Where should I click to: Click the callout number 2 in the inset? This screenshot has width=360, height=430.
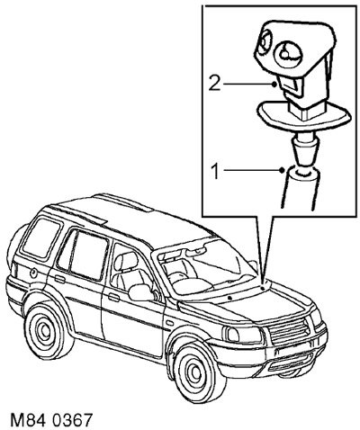tap(215, 84)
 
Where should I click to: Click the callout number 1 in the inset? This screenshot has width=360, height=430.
tap(216, 172)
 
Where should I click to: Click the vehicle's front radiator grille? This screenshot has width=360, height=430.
tap(289, 332)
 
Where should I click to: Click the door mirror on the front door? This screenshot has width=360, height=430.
tap(140, 292)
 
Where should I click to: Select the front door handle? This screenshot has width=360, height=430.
tap(113, 298)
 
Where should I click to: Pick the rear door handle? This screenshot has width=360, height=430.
tap(60, 279)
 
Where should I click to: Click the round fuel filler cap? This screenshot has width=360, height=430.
tap(33, 273)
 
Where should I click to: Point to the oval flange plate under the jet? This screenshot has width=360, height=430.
tap(303, 114)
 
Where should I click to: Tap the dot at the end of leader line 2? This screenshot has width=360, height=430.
tap(274, 85)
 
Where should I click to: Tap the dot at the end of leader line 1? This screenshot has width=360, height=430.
tap(282, 170)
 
